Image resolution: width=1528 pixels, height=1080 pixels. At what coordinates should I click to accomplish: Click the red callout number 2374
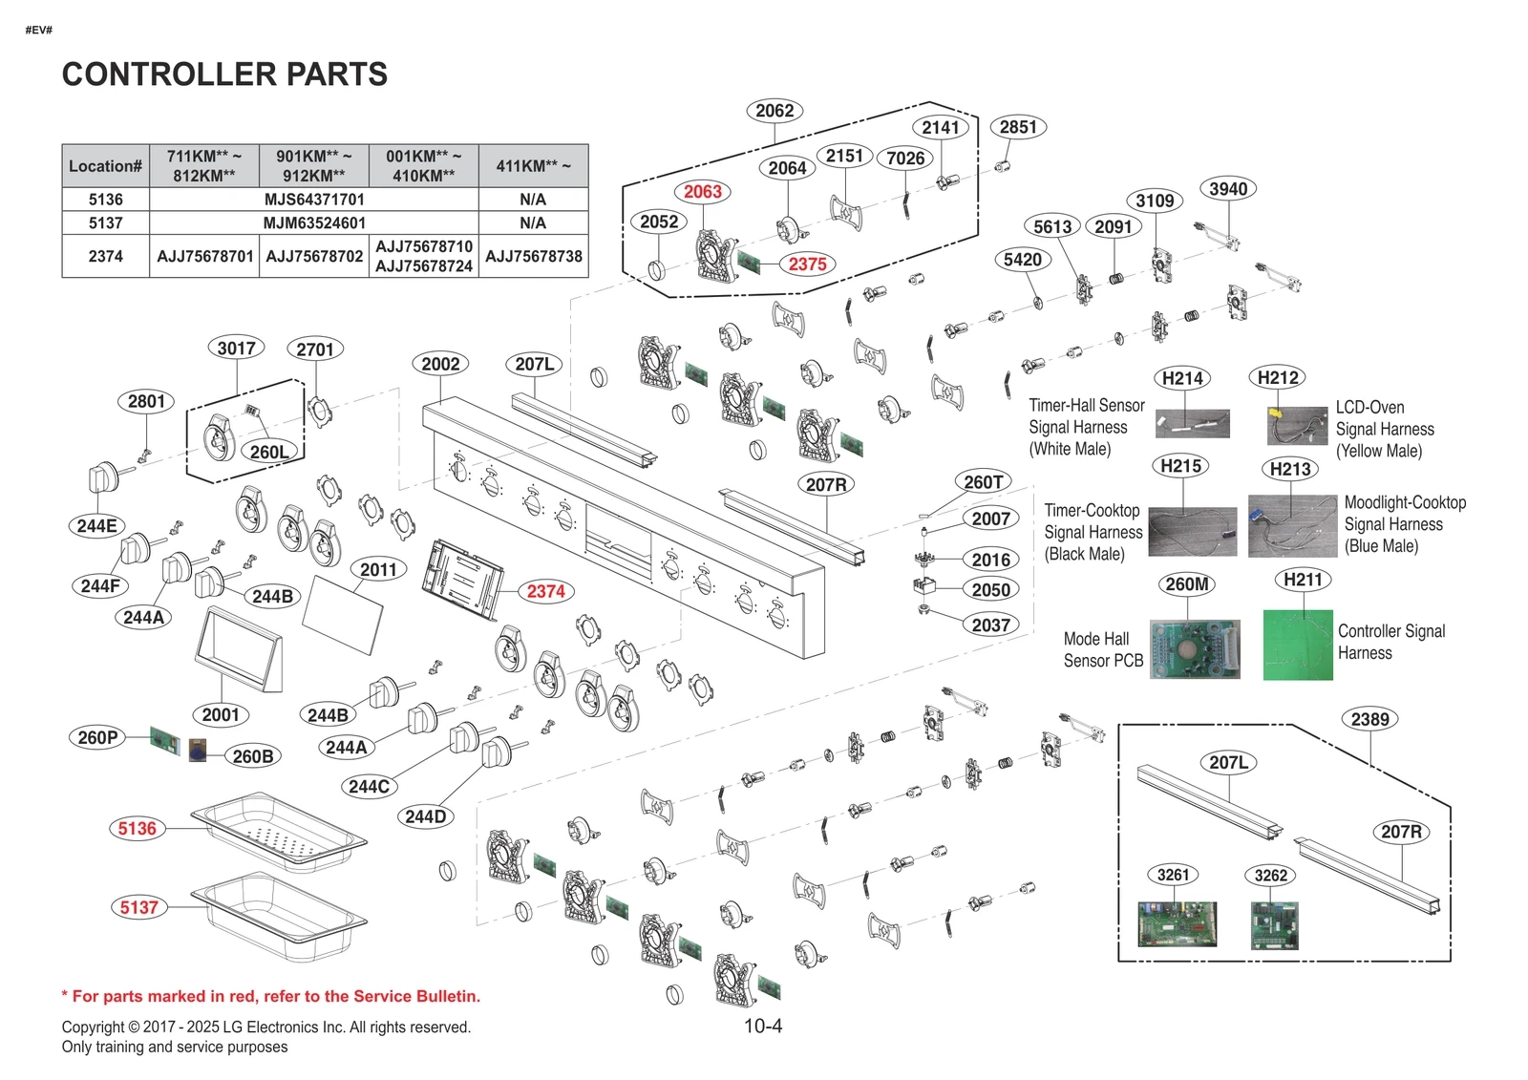click(545, 591)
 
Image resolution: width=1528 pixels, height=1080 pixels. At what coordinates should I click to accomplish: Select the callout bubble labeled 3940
click(1227, 189)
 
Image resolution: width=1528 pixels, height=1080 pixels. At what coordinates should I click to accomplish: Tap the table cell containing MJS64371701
click(314, 200)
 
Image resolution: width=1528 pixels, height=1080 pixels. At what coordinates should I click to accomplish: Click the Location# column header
click(105, 166)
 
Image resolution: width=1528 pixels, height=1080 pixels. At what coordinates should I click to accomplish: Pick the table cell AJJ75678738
click(533, 256)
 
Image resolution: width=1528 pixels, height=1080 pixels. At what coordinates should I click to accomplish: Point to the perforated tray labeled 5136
click(279, 831)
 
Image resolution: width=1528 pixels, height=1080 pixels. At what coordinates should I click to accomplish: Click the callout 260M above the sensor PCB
click(1186, 583)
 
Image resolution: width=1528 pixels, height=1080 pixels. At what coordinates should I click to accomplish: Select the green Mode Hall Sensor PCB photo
click(1194, 649)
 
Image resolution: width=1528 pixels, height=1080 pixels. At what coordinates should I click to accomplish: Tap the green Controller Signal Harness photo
click(1297, 646)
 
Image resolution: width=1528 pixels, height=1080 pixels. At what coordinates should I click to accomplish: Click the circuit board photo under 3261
click(1177, 923)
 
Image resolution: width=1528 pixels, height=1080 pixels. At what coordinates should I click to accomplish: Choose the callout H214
click(1181, 378)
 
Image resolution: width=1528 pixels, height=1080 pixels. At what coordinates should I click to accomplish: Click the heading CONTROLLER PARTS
click(224, 74)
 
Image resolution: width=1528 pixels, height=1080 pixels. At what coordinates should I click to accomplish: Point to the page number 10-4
click(762, 1027)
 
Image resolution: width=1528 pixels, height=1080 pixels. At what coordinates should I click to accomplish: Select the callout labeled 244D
click(425, 816)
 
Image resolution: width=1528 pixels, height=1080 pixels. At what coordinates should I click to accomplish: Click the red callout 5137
click(138, 907)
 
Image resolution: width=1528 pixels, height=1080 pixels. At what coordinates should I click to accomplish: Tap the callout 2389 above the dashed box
click(1369, 719)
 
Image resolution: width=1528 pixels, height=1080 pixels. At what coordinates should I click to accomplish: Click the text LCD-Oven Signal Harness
click(1384, 429)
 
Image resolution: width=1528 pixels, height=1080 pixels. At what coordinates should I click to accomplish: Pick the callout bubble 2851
click(1017, 127)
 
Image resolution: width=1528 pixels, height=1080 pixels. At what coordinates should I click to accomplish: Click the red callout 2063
click(702, 192)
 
